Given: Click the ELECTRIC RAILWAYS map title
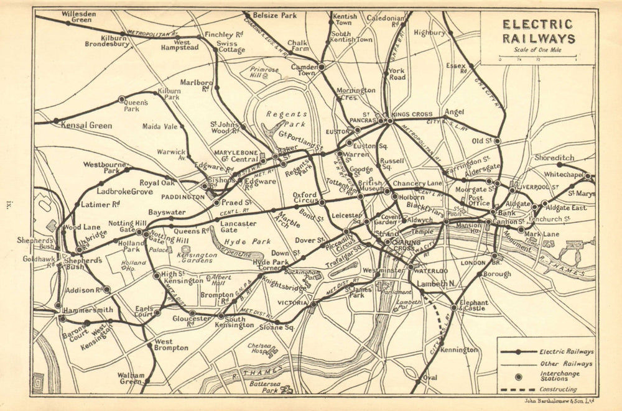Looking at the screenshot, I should coord(538,32).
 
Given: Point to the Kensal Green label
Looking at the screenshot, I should coord(86,126).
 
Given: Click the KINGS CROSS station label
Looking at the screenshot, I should coord(412,115).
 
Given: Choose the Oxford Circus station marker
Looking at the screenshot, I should coord(322,202).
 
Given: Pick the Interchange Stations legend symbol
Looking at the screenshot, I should coord(518,377).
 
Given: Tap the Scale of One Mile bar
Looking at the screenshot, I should coord(537,61).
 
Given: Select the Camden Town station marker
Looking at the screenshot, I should coord(322,67).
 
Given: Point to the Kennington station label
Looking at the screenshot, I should coord(459,350).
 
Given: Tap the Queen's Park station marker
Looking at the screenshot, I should coord(121,99).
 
